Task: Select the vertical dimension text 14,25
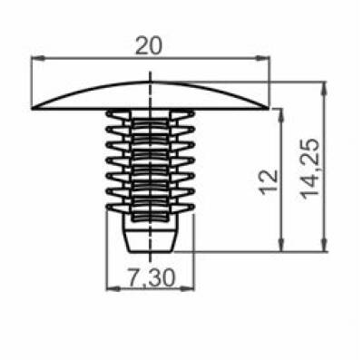coord(311,169)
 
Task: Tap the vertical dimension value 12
coord(265,180)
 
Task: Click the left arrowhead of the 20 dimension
coord(38,60)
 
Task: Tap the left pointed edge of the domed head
coord(34,108)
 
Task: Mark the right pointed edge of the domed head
coord(269,108)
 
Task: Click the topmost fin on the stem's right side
coord(187,115)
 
